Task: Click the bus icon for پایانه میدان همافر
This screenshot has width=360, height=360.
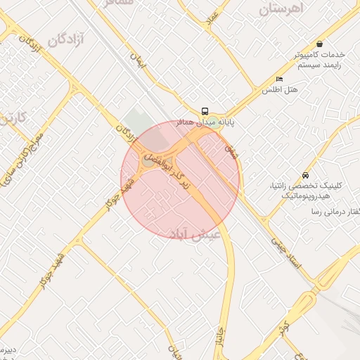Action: pyautogui.click(x=205, y=111)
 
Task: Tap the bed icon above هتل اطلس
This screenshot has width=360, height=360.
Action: pyautogui.click(x=280, y=79)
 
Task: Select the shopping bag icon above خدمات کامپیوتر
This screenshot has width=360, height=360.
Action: pyautogui.click(x=320, y=44)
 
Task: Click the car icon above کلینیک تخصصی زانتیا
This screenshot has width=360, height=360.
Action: pyautogui.click(x=304, y=174)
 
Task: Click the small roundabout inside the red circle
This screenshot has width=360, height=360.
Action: pyautogui.click(x=148, y=161)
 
